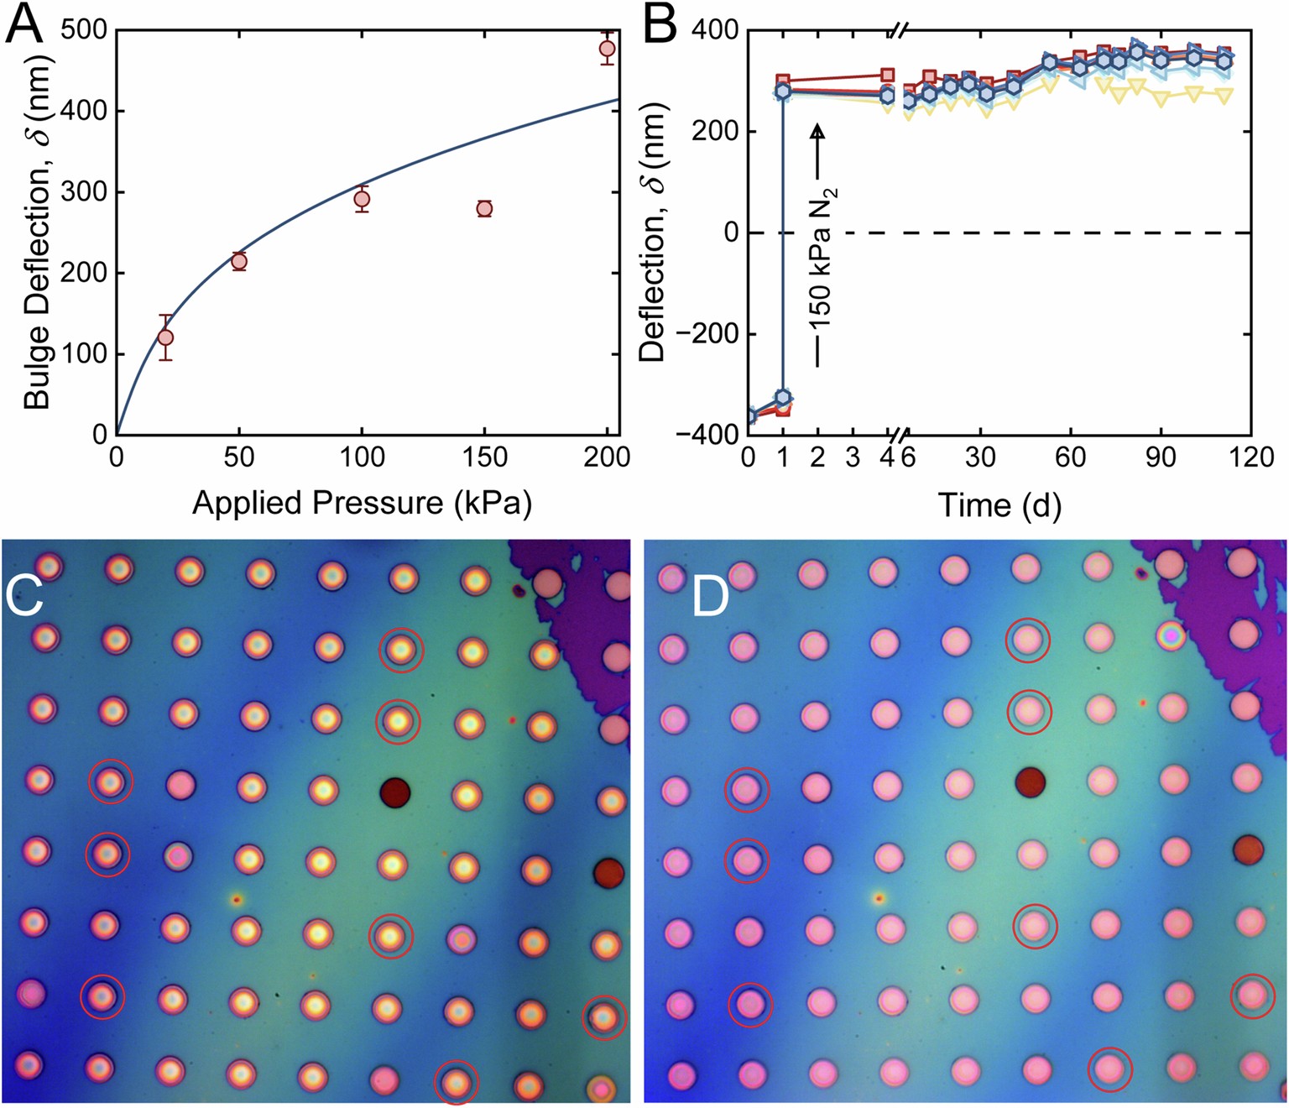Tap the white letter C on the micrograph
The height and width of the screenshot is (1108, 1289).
pyautogui.click(x=23, y=597)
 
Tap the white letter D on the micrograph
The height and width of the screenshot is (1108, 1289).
pyautogui.click(x=710, y=597)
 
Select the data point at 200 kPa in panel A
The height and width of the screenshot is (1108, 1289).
pyautogui.click(x=608, y=49)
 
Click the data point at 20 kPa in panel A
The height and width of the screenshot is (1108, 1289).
pyautogui.click(x=165, y=337)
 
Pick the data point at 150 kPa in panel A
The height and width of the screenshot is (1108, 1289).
pyautogui.click(x=484, y=209)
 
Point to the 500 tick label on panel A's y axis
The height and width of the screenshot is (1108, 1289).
pyautogui.click(x=85, y=30)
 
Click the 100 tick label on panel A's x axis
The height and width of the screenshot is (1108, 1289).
pyautogui.click(x=362, y=457)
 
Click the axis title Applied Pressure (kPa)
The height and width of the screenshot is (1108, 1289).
pyautogui.click(x=362, y=503)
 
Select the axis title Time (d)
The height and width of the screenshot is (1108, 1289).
pyautogui.click(x=999, y=505)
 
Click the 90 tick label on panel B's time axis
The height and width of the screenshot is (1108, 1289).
pyautogui.click(x=1161, y=457)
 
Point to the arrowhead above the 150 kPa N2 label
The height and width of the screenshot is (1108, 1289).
pyautogui.click(x=817, y=131)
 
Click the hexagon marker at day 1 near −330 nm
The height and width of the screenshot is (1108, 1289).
pyautogui.click(x=783, y=397)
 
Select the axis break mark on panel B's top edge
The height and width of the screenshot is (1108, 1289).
pyautogui.click(x=897, y=31)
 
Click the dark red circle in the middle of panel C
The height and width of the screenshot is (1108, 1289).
pyautogui.click(x=394, y=792)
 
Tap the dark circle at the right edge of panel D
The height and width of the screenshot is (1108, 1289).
pyautogui.click(x=1248, y=849)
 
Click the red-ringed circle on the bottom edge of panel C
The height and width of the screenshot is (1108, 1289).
pyautogui.click(x=457, y=1082)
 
